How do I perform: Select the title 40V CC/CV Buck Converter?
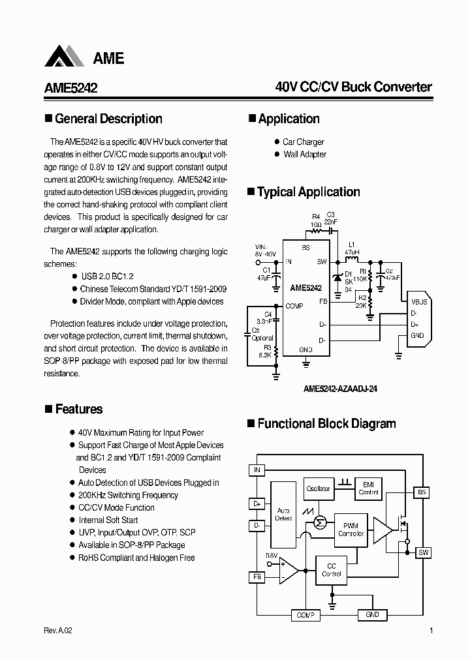tap(353, 87)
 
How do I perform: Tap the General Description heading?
tap(108, 119)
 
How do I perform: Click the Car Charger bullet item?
tap(303, 142)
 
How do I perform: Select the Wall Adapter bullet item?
tap(304, 155)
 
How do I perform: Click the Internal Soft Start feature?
tap(108, 520)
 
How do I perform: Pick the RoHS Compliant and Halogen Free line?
tap(136, 558)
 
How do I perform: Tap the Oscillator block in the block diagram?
tap(318, 488)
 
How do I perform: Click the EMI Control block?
tap(369, 488)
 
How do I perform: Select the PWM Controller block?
tap(351, 529)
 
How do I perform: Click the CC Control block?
tap(332, 570)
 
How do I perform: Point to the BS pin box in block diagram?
tap(423, 492)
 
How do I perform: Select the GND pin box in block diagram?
tap(372, 615)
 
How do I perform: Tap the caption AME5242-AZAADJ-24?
tap(340, 389)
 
